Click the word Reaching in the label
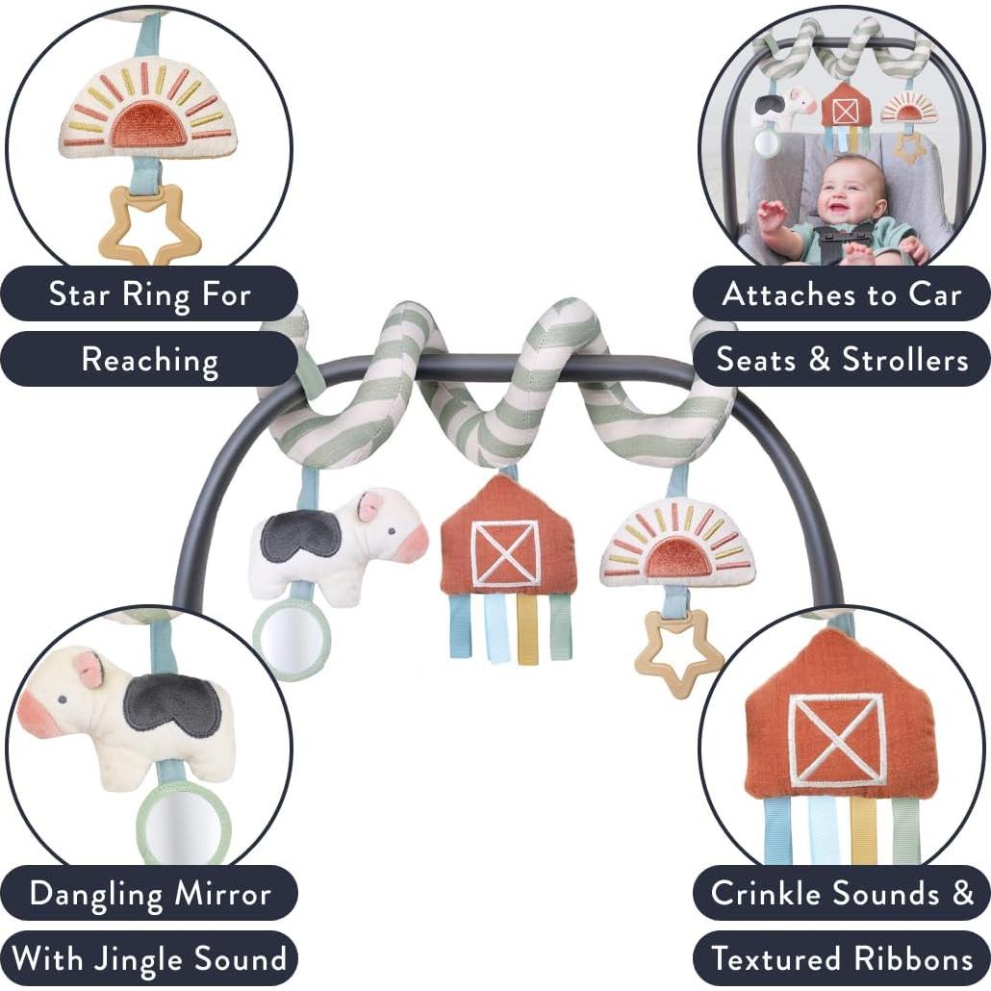click(150, 360)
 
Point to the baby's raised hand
click(770, 213)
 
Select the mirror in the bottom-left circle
click(183, 823)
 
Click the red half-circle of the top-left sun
click(148, 125)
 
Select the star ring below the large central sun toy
click(677, 654)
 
